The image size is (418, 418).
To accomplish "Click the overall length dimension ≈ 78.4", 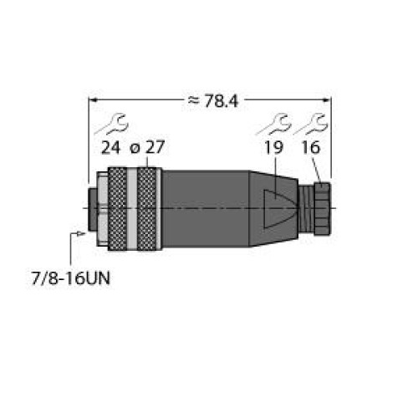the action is pos(213,101).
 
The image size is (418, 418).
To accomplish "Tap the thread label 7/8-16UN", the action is pos(71,278).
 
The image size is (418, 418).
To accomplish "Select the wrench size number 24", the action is pos(110,147).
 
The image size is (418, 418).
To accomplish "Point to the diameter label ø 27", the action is pos(147,147).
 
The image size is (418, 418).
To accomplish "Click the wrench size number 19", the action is pos(273,147).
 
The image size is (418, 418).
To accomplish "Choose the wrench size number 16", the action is pos(311,147).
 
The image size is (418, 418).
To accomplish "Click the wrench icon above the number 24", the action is pos(111,124).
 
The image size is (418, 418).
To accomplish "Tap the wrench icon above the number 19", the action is pos(274,124).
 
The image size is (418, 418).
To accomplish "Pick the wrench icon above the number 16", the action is pos(311,124).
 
